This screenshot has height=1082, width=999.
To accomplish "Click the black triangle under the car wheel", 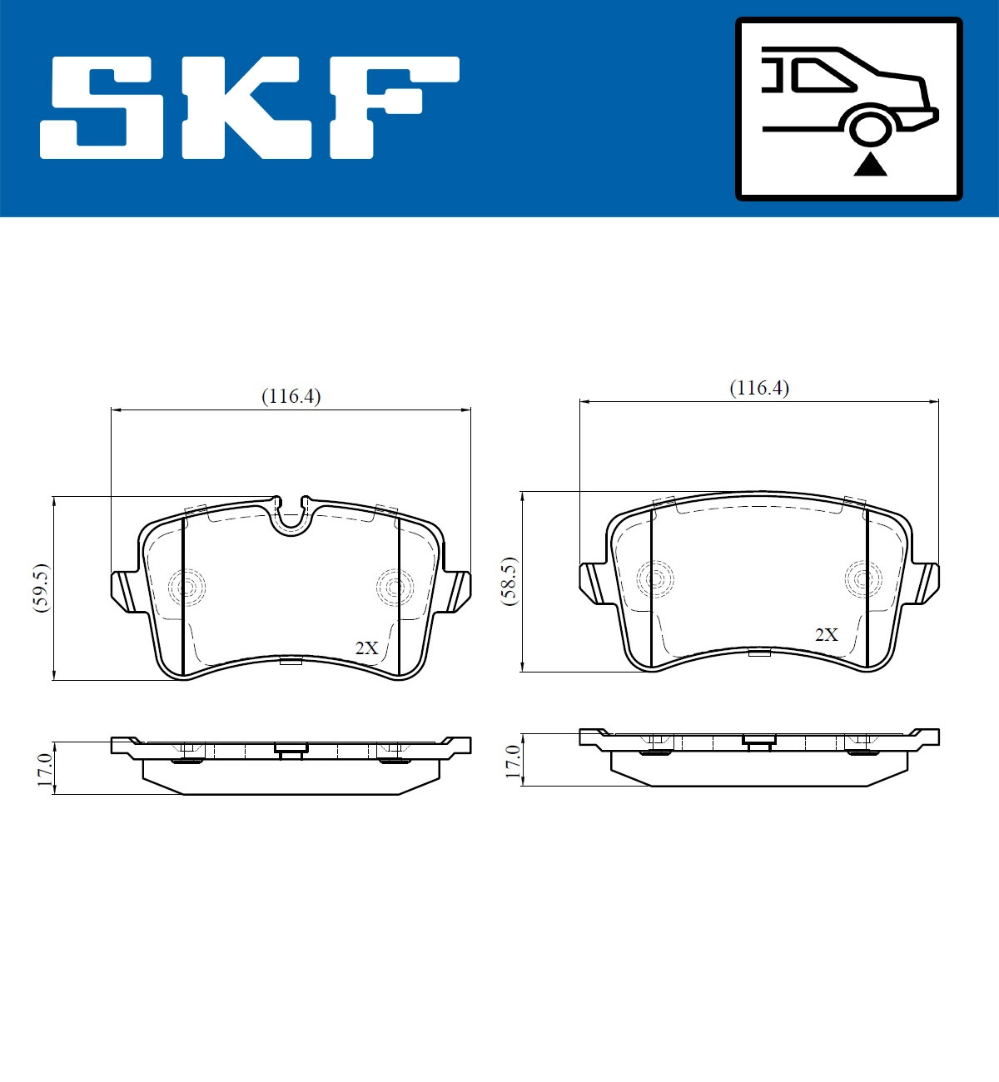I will (870, 165).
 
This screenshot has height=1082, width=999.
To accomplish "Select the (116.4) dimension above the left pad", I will (291, 396).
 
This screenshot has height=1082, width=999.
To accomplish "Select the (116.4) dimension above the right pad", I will (758, 388).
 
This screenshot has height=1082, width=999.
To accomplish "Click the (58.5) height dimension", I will (509, 581).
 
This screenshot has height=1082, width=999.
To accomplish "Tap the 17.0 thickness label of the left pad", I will (44, 767).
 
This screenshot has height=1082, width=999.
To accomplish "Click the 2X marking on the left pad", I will (366, 648).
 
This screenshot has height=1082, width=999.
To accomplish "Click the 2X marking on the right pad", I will (826, 634).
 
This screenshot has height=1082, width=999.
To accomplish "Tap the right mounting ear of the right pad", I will (926, 583).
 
